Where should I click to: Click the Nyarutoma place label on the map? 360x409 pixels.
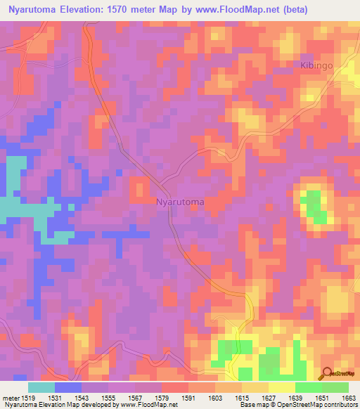[180, 202]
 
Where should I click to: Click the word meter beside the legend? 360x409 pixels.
[8, 398]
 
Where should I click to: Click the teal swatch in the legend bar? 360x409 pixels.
[41, 387]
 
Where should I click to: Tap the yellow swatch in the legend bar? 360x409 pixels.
[282, 387]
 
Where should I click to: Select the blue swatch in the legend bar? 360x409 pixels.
[68, 387]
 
